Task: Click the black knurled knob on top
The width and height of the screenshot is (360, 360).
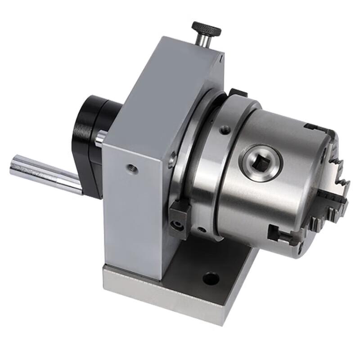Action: coord(206,30)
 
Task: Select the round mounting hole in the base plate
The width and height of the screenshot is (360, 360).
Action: coord(210,279)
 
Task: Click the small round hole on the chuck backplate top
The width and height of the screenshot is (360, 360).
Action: coord(224,130)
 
